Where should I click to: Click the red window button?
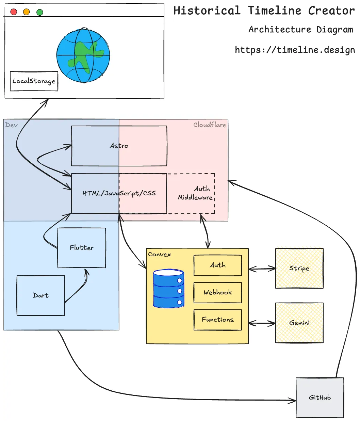14,12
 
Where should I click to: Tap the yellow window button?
27,12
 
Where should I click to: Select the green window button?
40,12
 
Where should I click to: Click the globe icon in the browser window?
83,56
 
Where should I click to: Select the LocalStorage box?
34,81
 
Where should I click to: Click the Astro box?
119,146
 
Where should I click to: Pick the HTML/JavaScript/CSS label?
119,193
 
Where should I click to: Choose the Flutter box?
82,248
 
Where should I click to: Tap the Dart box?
41,295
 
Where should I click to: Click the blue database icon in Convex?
168,289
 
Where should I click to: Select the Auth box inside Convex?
218,265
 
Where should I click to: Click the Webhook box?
218,292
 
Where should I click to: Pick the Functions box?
218,320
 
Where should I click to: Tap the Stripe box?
299,268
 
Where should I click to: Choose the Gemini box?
299,323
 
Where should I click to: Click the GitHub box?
320,398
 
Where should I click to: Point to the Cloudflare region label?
210,125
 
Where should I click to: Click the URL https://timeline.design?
295,50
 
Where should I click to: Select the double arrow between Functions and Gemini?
262,323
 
